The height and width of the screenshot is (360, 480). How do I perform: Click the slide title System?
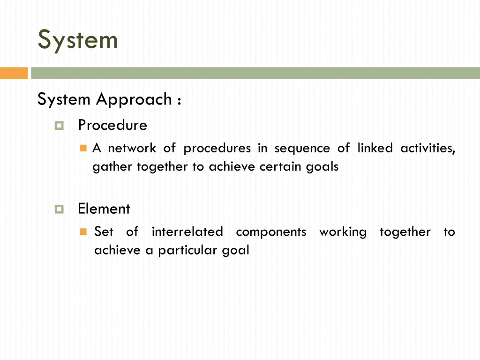(x=78, y=40)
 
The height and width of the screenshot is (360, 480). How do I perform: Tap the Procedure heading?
(x=112, y=125)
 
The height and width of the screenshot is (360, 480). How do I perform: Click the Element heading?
(x=104, y=209)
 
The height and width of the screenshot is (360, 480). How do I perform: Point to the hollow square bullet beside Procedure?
(x=59, y=126)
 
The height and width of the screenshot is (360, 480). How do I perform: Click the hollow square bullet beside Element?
(x=59, y=209)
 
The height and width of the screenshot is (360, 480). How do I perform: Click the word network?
(x=132, y=149)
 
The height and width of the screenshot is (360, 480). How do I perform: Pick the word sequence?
(x=302, y=149)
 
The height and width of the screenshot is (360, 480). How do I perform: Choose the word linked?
(x=375, y=149)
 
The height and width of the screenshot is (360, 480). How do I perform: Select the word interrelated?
(x=187, y=232)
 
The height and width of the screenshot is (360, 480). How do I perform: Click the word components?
(x=271, y=232)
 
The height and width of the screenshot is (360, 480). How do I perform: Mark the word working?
(x=343, y=232)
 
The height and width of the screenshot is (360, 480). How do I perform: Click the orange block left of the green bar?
(x=14, y=73)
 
